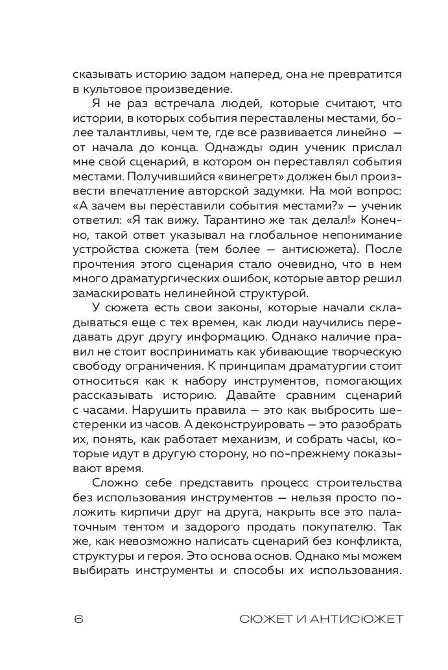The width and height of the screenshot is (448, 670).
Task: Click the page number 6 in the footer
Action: [x=78, y=618]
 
